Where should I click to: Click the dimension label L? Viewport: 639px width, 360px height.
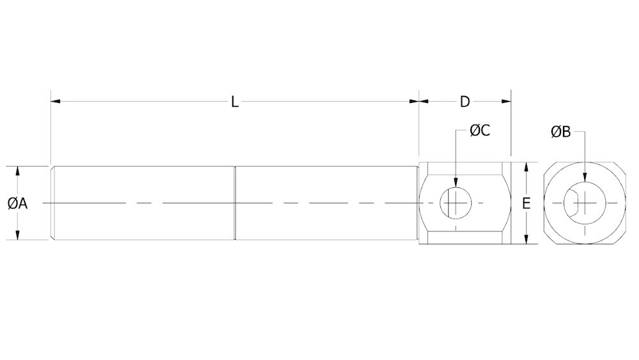point(235,102)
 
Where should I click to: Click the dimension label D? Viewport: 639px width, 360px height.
point(465,102)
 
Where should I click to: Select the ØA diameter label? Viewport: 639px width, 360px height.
point(17,203)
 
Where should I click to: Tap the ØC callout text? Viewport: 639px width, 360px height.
point(479,131)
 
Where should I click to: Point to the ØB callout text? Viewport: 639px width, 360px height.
point(560,132)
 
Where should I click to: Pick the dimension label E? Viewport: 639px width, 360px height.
point(526,204)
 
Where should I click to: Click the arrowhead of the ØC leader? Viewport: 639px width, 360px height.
point(456,185)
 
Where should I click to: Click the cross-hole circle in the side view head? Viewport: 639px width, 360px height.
point(456,203)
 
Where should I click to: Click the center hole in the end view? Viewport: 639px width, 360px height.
point(581,203)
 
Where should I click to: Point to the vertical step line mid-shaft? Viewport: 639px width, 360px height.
point(236,203)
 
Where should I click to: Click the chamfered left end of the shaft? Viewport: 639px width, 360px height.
point(53,203)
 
